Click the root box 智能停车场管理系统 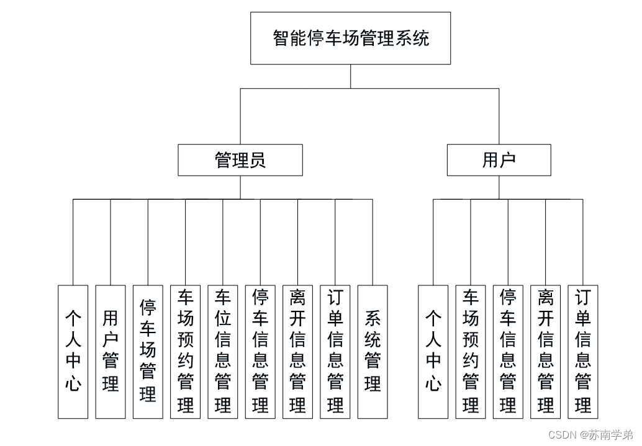click(x=350, y=38)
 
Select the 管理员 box click(x=240, y=160)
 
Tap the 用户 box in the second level click(x=499, y=160)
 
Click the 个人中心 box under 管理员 click(x=73, y=351)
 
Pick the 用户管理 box click(x=111, y=351)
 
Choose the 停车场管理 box click(x=148, y=351)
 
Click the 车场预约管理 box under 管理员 click(x=186, y=351)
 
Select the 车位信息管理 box click(x=223, y=351)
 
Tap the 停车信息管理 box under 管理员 click(x=260, y=351)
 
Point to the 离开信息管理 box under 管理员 click(x=297, y=351)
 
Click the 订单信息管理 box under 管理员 click(x=335, y=351)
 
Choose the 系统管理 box click(x=373, y=351)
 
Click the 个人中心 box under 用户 click(x=433, y=351)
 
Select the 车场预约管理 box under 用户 click(x=471, y=351)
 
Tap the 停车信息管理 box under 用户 click(x=508, y=351)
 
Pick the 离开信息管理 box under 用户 click(x=546, y=351)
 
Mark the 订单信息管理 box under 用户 click(x=583, y=351)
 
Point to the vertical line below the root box click(x=351, y=76)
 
